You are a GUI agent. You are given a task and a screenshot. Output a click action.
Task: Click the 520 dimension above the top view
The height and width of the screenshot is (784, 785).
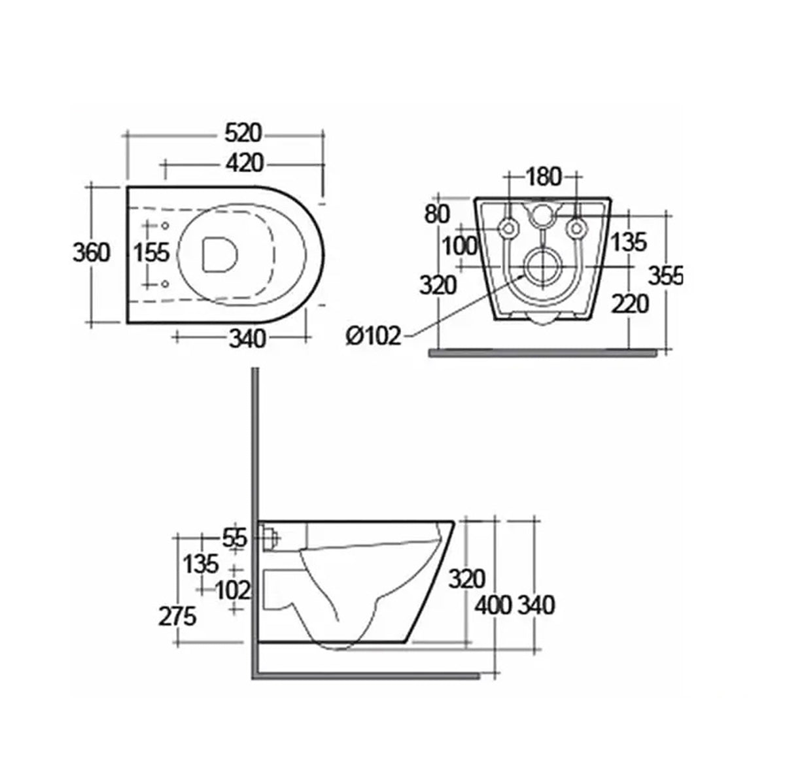(243, 133)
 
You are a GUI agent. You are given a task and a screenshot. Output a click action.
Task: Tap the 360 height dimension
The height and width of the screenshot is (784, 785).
(91, 252)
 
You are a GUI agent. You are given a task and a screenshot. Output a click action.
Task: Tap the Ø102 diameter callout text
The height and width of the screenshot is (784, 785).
(373, 336)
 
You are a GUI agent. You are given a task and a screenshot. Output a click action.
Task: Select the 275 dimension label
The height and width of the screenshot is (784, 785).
(177, 616)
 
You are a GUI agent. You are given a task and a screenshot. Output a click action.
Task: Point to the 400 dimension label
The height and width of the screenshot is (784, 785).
(493, 605)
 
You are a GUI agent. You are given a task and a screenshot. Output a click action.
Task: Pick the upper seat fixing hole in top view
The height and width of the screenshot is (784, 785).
(164, 226)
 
